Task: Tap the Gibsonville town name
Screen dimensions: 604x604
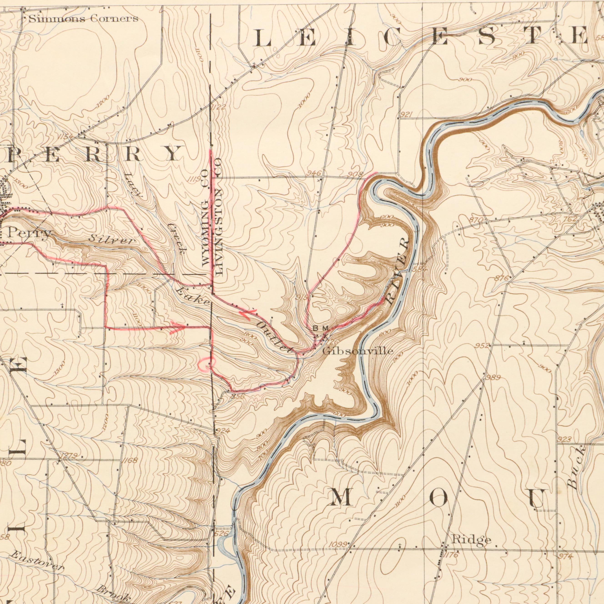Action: coord(358,351)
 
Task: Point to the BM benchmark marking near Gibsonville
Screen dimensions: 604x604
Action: coord(321,328)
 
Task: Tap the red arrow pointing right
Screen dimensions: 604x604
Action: coord(178,328)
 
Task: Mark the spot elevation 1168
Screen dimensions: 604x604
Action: coord(130,461)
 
